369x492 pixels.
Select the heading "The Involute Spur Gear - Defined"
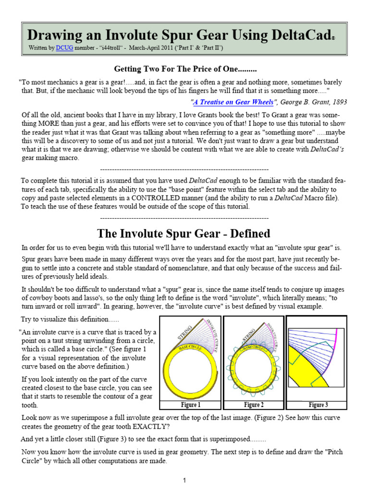click(184, 234)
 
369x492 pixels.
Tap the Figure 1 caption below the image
click(190, 405)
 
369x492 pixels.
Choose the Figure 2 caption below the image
click(253, 405)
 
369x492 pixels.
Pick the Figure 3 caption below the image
click(318, 405)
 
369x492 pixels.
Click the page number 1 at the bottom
click(184, 480)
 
